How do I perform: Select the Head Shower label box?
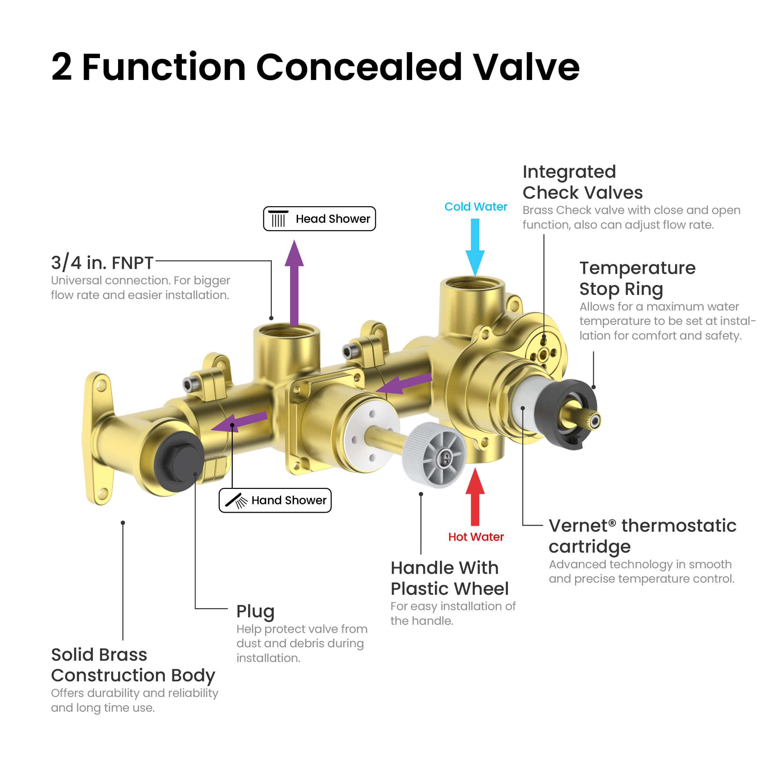(319, 219)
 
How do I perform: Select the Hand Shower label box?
(275, 500)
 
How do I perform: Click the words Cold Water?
(476, 206)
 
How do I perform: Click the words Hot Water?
(476, 537)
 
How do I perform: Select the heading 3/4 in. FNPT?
(102, 263)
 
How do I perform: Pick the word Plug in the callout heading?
(255, 611)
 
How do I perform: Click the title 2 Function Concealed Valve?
(315, 67)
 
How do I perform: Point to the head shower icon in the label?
(278, 219)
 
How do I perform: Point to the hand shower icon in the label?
(236, 500)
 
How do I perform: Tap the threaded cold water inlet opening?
(472, 284)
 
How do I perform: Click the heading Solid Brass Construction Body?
(133, 665)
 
